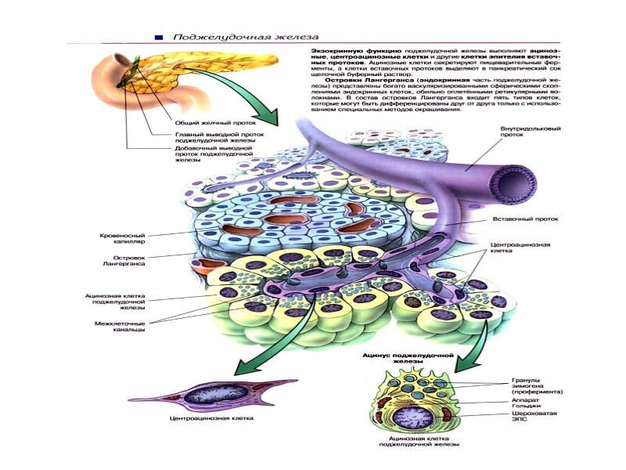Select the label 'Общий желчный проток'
pyautogui.click(x=206, y=121)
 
